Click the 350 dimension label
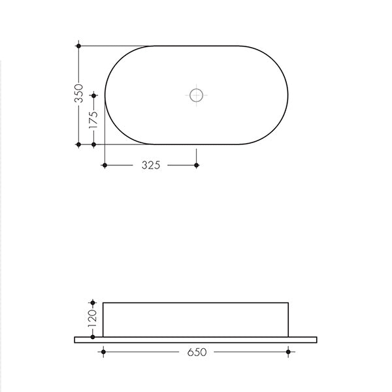point(79,93)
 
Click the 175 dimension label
point(93,120)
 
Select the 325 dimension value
point(151,165)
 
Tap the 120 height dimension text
point(93,318)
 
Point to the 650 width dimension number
point(197,352)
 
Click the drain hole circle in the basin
point(196,95)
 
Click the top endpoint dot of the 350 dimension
point(79,46)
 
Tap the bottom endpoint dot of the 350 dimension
point(79,144)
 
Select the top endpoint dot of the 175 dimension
point(93,95)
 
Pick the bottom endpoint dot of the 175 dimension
point(93,144)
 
